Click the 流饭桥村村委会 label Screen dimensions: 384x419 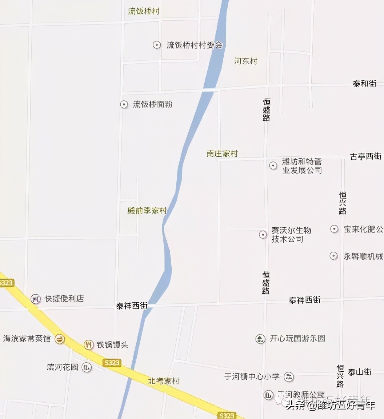[x=194, y=45]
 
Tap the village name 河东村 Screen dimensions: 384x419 [x=245, y=61]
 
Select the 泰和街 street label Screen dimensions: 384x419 [x=364, y=84]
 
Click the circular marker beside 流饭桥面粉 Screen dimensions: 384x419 [x=124, y=105]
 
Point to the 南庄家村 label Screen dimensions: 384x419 [x=222, y=154]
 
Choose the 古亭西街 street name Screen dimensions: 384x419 [x=365, y=156]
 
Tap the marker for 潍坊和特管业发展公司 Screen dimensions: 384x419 [x=273, y=165]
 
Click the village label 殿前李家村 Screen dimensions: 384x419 [x=147, y=211]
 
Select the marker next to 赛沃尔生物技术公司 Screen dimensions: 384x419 [x=263, y=235]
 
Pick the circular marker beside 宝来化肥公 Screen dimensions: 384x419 [x=334, y=229]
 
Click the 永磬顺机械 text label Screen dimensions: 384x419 [x=363, y=256]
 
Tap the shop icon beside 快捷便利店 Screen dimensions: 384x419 [x=35, y=299]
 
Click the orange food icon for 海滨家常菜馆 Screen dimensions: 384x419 [x=59, y=339]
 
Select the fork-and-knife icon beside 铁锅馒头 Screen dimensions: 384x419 [x=88, y=344]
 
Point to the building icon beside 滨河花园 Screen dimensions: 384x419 [x=87, y=367]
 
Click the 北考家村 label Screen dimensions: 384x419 [x=164, y=381]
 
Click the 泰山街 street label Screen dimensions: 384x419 [x=359, y=372]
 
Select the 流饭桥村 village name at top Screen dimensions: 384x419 [x=144, y=11]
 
